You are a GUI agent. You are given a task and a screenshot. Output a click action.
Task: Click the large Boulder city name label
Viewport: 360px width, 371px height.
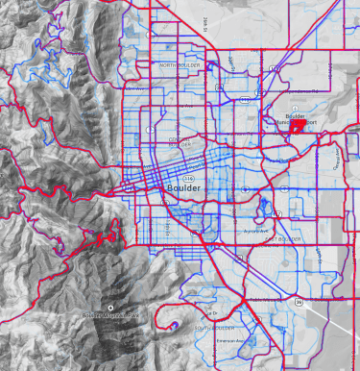coord(184,188)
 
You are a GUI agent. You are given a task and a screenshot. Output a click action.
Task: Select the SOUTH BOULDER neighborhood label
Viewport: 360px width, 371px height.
coord(213,330)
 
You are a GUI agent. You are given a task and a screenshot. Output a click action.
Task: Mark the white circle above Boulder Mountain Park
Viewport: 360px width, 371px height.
coord(110,307)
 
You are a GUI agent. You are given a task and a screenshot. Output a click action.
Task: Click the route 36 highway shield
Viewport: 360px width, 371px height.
coord(299,303)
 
